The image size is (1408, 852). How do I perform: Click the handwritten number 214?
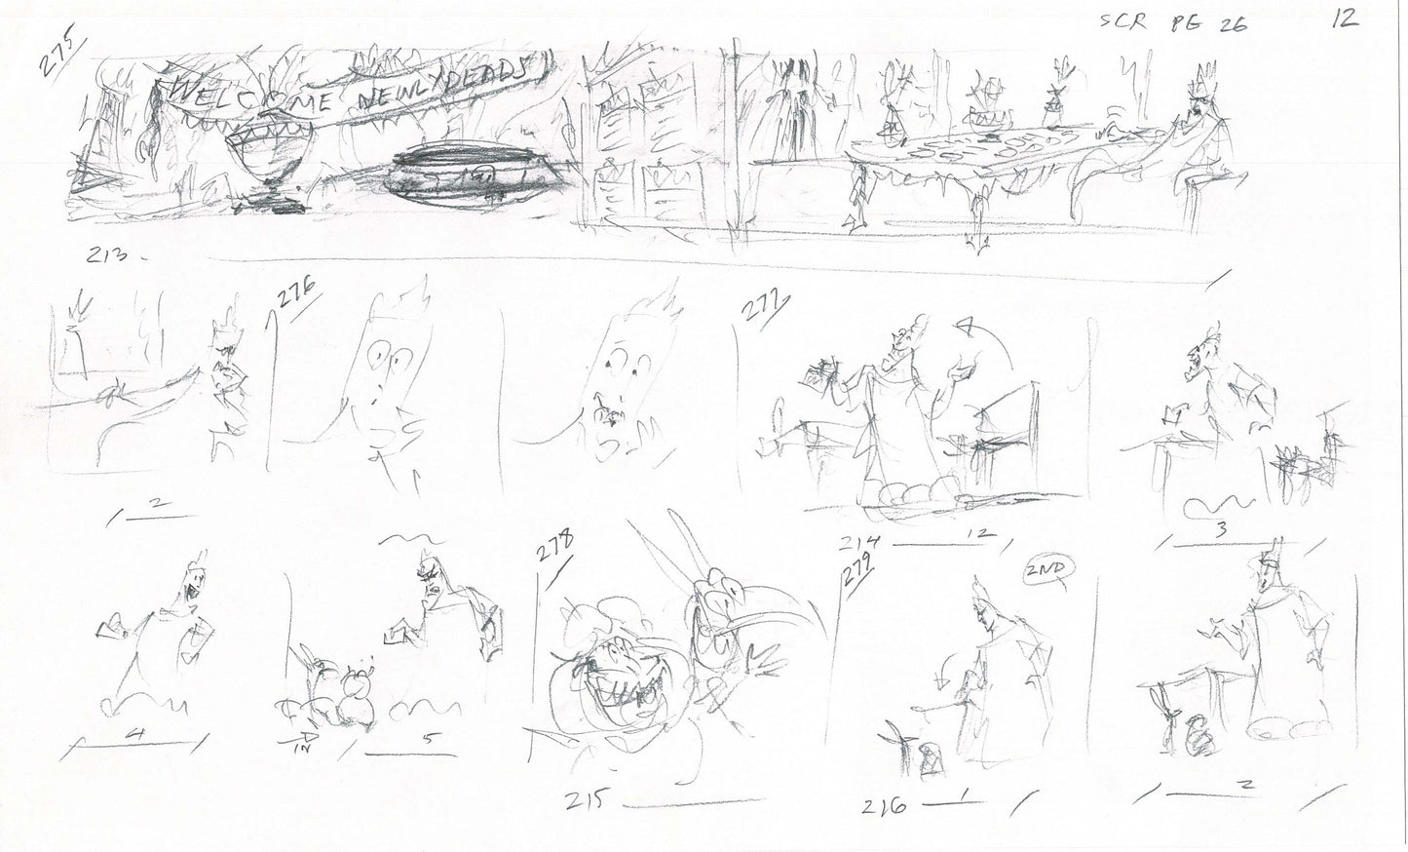click(x=863, y=544)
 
